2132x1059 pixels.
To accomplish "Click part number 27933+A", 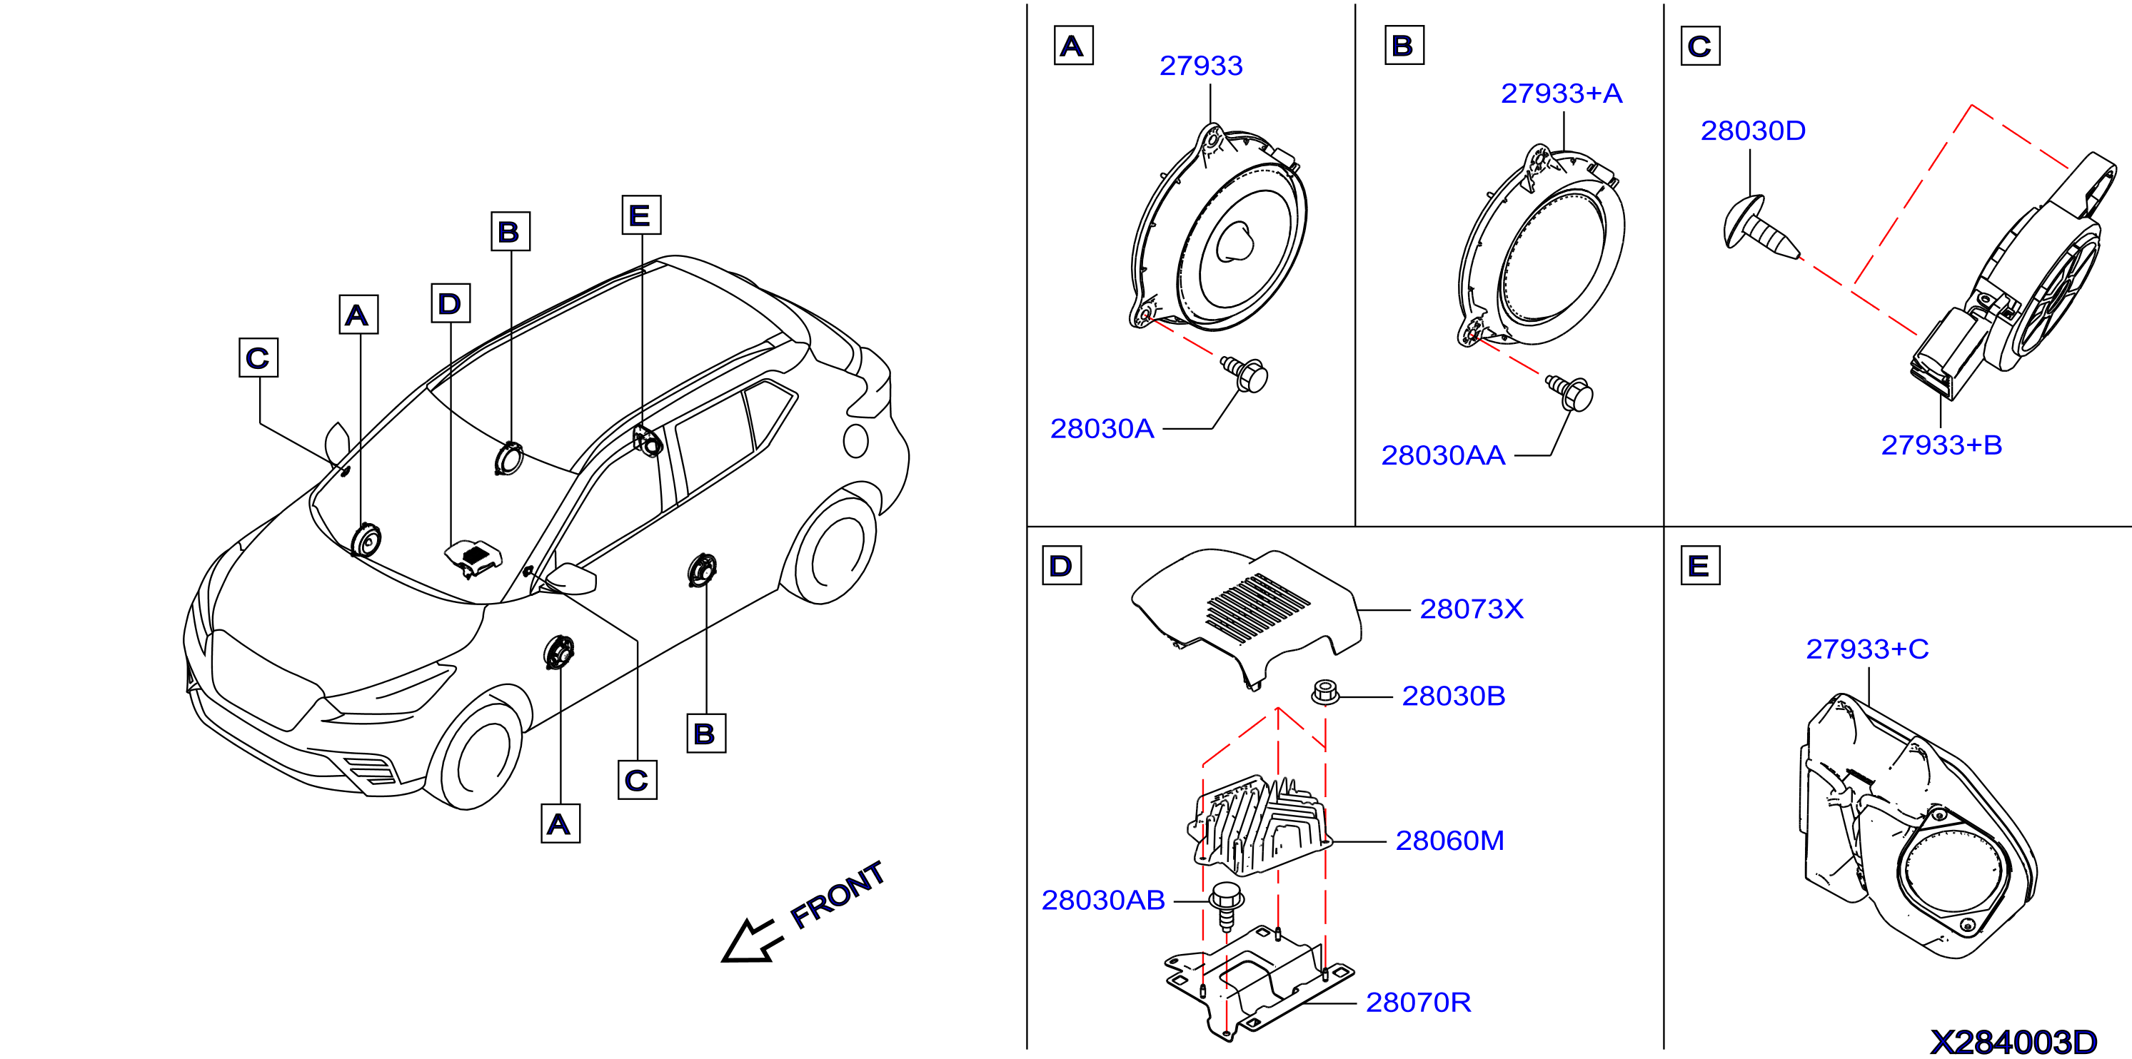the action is tap(1561, 93).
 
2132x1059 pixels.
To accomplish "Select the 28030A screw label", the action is tap(1102, 429).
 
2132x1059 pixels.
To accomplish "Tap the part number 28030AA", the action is tap(1442, 455).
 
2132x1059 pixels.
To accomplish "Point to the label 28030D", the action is tap(1752, 131).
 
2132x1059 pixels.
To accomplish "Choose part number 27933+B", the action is tap(1941, 445).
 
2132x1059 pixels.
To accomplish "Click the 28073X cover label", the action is tap(1471, 609).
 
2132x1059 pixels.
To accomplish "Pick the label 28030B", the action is tap(1452, 696).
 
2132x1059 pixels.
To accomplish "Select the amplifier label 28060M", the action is tap(1449, 841).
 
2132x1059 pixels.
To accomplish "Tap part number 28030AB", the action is tap(1102, 900).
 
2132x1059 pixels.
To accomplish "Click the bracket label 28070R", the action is tap(1418, 1003).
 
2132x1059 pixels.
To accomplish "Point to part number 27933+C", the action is tap(1866, 649).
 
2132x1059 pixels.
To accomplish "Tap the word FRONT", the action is tap(838, 893).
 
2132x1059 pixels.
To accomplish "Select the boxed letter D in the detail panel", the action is tap(1061, 566).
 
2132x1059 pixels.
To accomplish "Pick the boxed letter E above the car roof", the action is tap(640, 215).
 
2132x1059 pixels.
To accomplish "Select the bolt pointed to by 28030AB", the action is tap(1226, 906).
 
